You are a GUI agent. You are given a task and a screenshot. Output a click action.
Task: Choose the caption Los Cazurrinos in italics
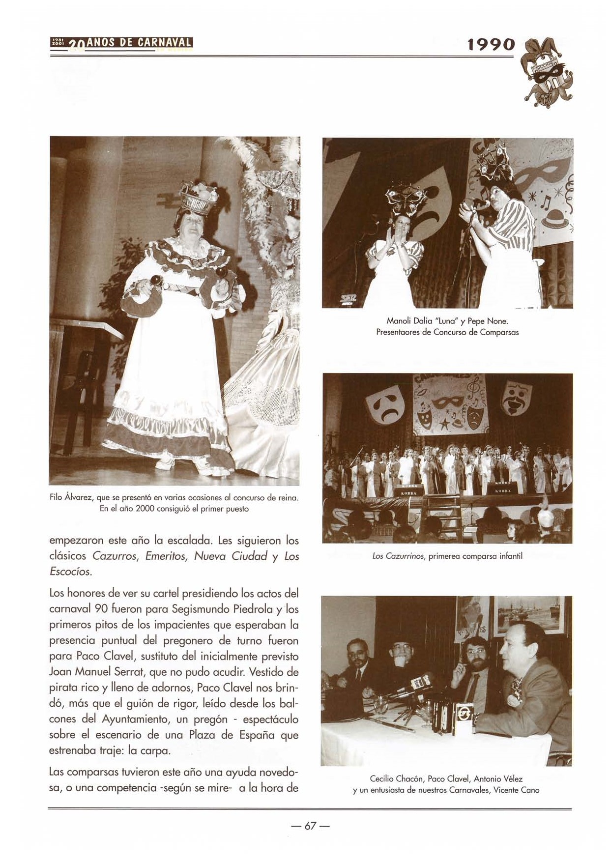[399, 556]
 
